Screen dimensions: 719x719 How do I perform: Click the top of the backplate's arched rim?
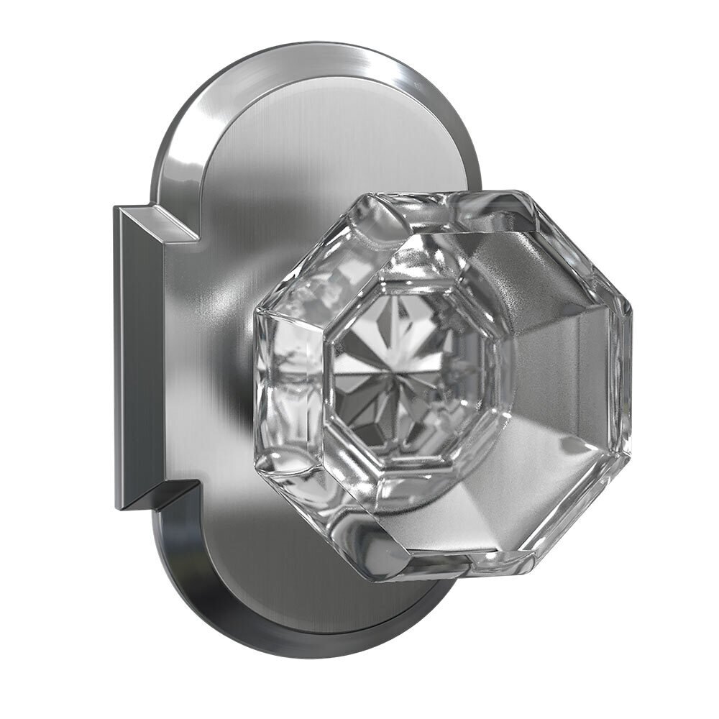[x=316, y=54]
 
